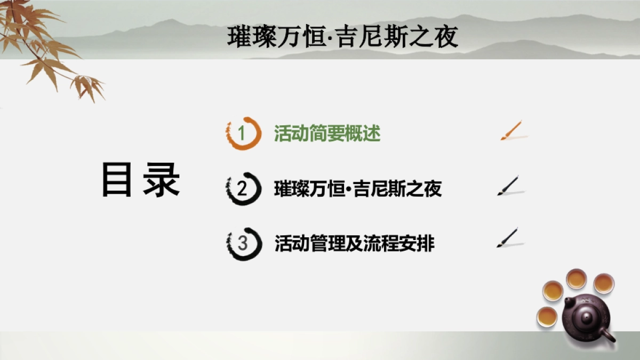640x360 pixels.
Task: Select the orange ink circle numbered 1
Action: pos(243,133)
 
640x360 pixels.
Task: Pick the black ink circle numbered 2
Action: pos(243,189)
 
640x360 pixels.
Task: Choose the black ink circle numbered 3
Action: pos(243,244)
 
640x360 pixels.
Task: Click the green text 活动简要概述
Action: pos(327,133)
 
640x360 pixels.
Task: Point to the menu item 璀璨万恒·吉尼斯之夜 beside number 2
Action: pos(358,189)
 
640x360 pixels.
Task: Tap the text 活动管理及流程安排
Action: pos(355,244)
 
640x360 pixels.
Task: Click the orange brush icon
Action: pos(511,131)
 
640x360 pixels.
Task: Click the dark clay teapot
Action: pos(582,317)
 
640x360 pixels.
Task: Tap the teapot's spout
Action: pos(608,336)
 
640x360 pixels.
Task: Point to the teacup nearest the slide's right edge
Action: pos(604,283)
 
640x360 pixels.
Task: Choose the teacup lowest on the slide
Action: pos(547,316)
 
